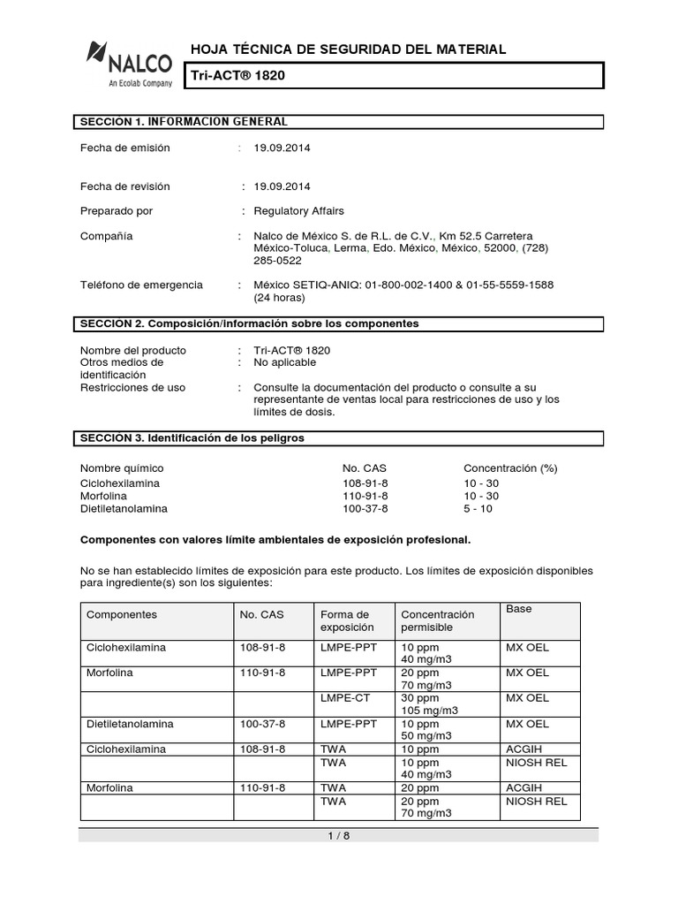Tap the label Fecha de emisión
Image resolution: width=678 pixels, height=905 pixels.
[124, 148]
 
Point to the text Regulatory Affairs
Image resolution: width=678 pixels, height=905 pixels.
[298, 210]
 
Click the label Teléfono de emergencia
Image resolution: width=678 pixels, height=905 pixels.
[141, 285]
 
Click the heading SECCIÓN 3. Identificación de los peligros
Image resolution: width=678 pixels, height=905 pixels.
[193, 437]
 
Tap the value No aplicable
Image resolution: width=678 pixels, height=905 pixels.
[284, 362]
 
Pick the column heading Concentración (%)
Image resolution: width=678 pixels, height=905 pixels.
[510, 468]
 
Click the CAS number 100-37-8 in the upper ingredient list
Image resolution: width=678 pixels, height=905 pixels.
[365, 509]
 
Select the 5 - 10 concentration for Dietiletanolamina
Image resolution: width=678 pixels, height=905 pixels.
[479, 509]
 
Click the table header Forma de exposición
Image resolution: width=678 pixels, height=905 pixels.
[346, 620]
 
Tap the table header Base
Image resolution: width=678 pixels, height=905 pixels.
[518, 610]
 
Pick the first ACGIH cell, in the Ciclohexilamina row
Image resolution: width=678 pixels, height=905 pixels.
[524, 749]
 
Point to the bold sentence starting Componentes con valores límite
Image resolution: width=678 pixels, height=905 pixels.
[275, 538]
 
